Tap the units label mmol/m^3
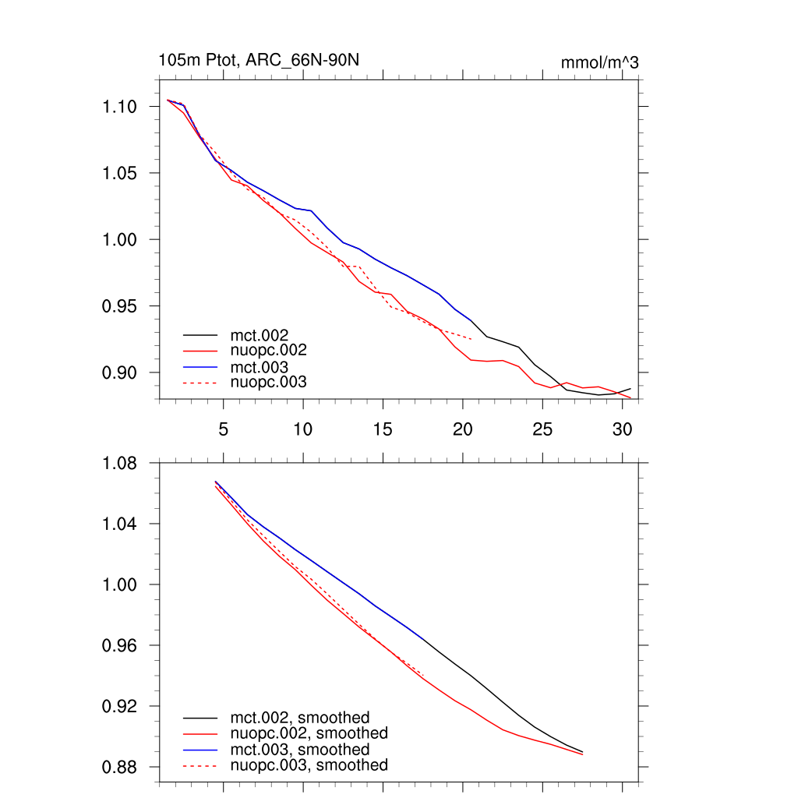(599, 63)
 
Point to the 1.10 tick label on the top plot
(120, 106)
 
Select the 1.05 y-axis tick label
(120, 173)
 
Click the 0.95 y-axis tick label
(120, 306)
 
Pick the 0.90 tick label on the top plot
(120, 373)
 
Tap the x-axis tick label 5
(223, 429)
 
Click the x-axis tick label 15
(382, 429)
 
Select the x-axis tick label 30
(621, 429)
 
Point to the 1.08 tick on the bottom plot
(120, 464)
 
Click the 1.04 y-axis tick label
(120, 524)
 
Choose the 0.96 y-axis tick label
(120, 646)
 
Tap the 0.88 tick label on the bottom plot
(120, 768)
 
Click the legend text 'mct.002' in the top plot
(265, 335)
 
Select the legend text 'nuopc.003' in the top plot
(269, 383)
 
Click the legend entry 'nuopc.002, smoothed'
(309, 733)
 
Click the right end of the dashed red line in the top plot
(471, 339)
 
